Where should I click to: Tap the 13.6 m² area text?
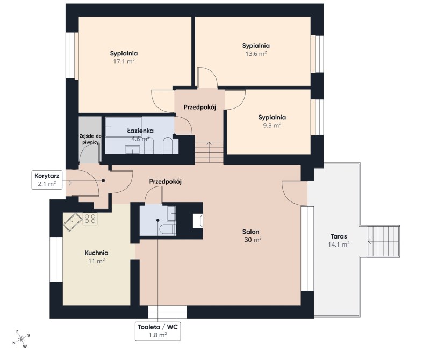tap(256, 54)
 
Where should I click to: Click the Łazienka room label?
tap(140, 131)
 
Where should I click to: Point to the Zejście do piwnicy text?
tap(90, 139)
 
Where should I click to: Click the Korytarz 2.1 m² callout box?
tap(47, 179)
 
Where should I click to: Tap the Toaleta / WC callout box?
tap(157, 331)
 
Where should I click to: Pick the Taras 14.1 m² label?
tap(339, 240)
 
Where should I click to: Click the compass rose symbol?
tap(21, 340)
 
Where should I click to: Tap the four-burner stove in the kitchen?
tap(90, 219)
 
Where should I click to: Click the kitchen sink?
tap(73, 222)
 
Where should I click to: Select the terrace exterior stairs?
tap(383, 241)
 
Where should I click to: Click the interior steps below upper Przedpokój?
tap(209, 152)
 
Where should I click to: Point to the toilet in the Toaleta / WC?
tap(168, 229)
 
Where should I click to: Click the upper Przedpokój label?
tap(200, 107)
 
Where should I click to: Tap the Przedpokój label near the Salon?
tap(166, 181)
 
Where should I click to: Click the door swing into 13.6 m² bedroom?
tap(207, 77)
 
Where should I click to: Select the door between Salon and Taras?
tap(294, 193)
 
